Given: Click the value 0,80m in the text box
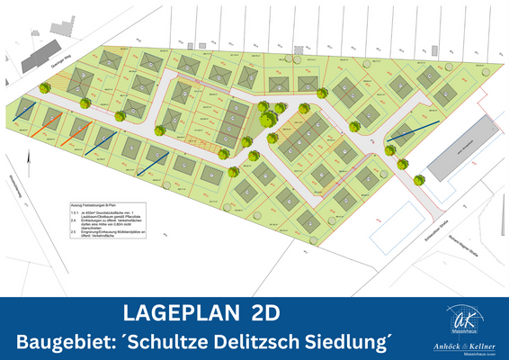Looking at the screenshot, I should (x=133, y=225).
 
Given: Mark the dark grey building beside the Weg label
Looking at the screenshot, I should (x=36, y=59).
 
